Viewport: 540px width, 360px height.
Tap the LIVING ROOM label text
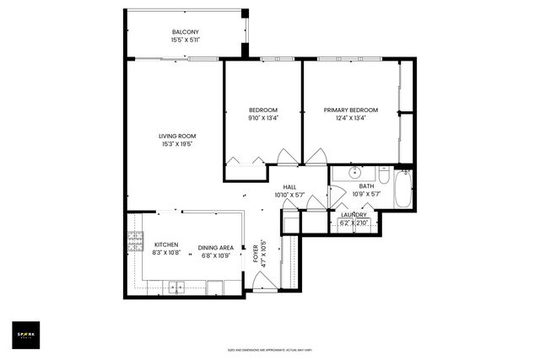point(177,137)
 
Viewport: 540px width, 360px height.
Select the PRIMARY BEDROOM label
point(351,110)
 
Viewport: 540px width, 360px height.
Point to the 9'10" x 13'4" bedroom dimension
point(263,118)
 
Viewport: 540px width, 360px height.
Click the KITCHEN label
point(165,244)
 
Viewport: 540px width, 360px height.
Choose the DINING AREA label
point(216,248)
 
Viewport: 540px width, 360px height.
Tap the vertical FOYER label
point(256,252)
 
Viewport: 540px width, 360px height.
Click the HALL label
point(289,187)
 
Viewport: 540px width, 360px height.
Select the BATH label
point(366,186)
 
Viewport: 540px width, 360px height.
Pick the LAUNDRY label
point(354,215)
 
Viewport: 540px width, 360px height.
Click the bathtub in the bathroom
point(402,190)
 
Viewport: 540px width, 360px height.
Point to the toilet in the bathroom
point(383,178)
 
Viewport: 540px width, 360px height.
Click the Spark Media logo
point(29,335)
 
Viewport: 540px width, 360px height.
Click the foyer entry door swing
point(264,283)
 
